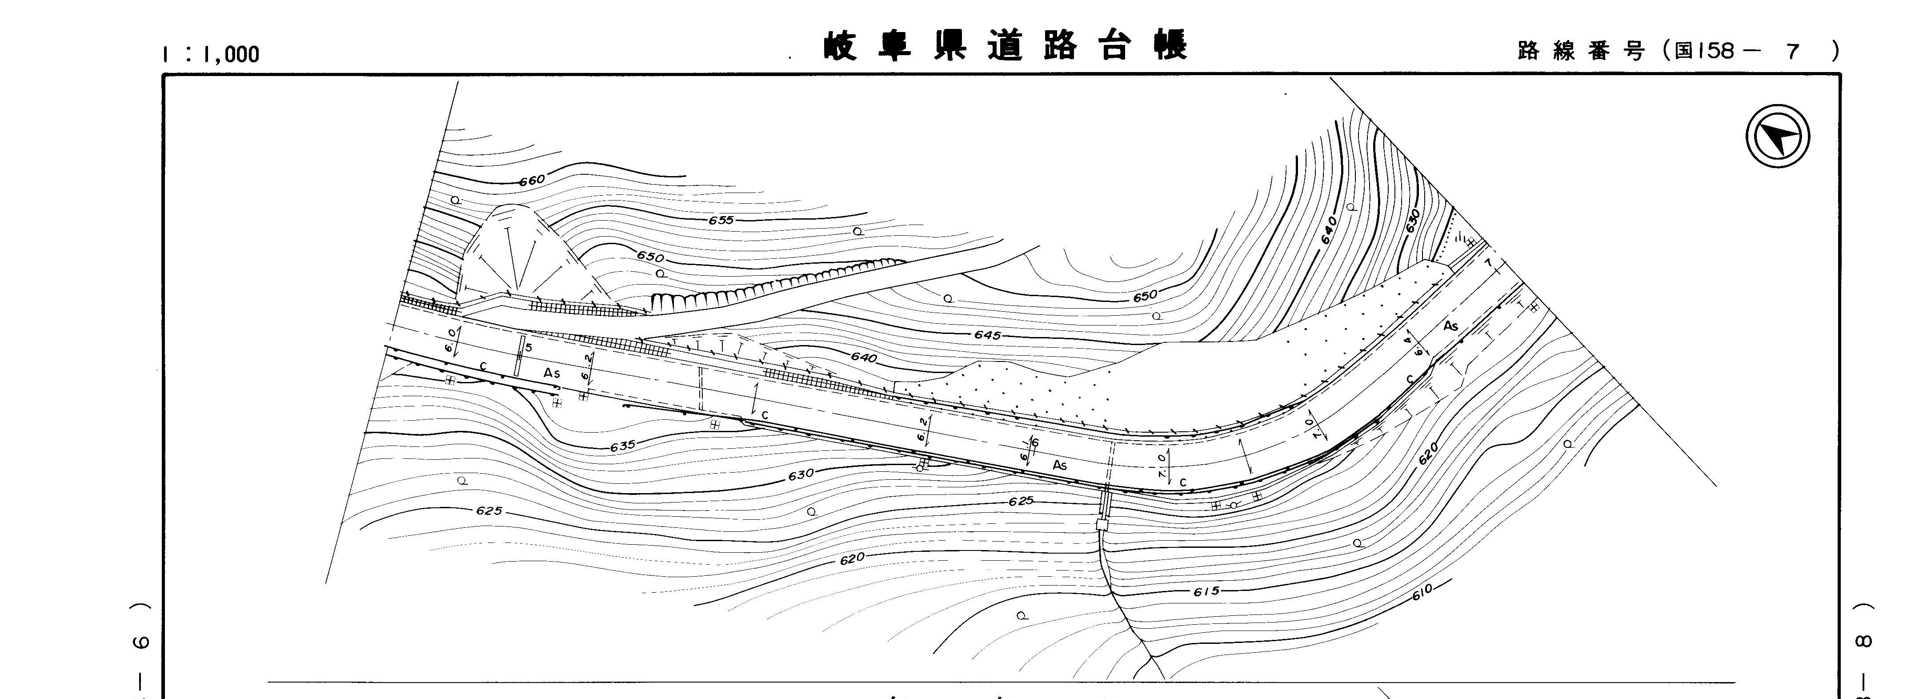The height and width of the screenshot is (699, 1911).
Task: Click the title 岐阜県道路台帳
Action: click(1005, 45)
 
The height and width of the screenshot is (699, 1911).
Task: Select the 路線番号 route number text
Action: click(1580, 51)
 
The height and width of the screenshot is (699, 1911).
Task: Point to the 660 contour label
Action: click(532, 180)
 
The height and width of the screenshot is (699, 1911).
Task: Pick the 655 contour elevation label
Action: click(720, 221)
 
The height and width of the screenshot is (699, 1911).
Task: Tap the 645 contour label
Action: click(987, 335)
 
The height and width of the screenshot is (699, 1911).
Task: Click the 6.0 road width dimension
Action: click(450, 342)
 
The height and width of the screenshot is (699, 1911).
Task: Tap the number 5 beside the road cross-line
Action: click(528, 347)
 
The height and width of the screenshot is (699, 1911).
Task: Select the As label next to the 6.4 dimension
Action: click(1450, 326)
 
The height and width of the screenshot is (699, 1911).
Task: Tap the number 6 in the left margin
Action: click(142, 643)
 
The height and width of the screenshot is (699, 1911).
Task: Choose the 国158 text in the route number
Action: click(1706, 51)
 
